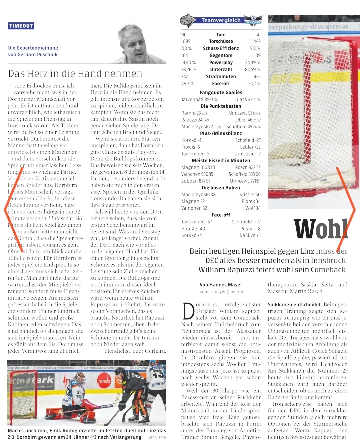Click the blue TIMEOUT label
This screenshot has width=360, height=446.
pos(21,26)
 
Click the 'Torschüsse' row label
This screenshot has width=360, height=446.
pos(221,41)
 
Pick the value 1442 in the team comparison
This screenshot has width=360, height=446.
pos(256,41)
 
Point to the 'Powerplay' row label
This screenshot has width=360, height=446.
pos(221,63)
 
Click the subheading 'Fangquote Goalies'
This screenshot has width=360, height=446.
pos(221,93)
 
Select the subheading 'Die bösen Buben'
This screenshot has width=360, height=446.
pos(221,187)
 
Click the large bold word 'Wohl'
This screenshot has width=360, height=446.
pos(320,230)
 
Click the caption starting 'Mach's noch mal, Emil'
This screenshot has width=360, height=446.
pos(75,433)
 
